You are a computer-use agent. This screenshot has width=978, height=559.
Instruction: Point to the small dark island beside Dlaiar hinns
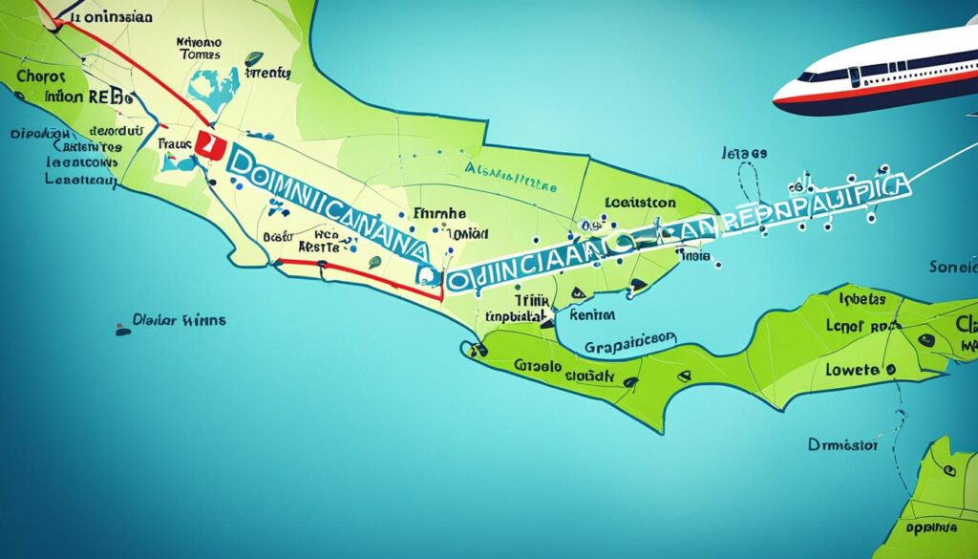122,331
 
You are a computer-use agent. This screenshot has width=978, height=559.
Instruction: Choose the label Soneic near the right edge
952,268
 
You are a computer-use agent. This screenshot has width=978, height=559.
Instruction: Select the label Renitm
591,313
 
